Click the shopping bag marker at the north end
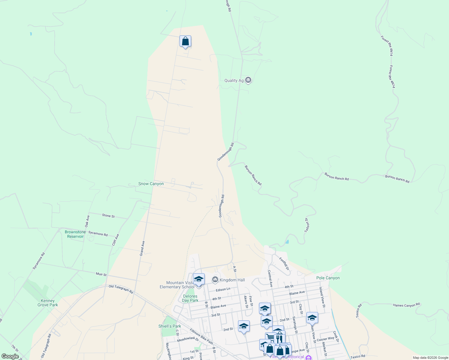(185, 41)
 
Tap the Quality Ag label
(234, 80)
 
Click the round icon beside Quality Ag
(248, 80)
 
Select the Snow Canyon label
(151, 184)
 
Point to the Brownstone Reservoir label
(75, 234)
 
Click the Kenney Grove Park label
(48, 303)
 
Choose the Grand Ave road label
(142, 248)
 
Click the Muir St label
(101, 274)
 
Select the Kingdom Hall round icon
(215, 280)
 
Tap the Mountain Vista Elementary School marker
(199, 279)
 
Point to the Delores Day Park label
(190, 298)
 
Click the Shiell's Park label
(170, 326)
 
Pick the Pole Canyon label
(328, 278)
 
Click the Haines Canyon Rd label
(406, 305)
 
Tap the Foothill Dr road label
(284, 263)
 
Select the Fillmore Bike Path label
(201, 336)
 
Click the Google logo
(10, 356)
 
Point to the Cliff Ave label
(116, 240)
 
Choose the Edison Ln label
(223, 289)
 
